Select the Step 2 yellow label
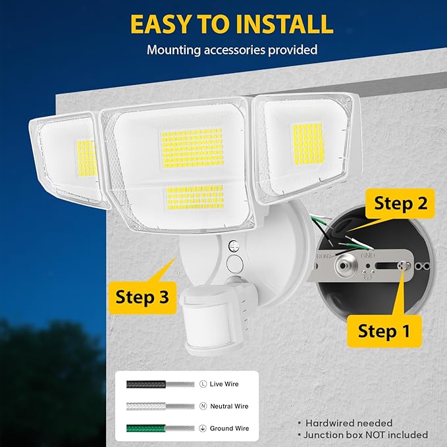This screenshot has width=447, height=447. point(400,203)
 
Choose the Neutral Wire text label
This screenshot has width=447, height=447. point(230,406)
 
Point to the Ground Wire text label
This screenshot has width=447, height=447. point(230,429)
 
